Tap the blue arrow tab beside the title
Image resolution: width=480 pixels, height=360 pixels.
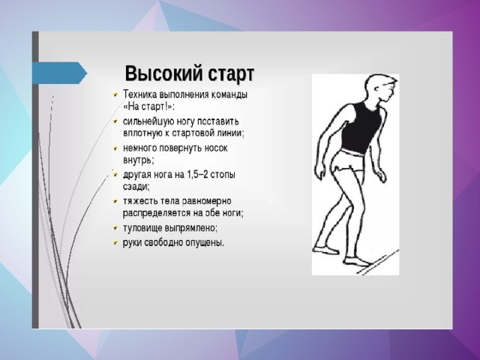[x=60, y=73]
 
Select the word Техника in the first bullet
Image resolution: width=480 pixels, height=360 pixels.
[x=140, y=94]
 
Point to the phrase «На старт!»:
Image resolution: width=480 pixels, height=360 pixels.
[x=148, y=106]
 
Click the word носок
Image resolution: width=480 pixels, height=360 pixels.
[x=216, y=148]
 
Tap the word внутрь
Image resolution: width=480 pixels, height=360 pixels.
[x=138, y=160]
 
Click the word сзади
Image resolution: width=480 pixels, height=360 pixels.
[x=136, y=187]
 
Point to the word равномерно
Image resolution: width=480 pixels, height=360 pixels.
[x=207, y=202]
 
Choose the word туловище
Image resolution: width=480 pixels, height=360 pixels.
[x=142, y=228]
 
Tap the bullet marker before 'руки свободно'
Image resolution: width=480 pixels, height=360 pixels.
[x=115, y=243]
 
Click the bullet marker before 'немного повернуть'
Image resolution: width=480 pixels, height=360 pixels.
[x=115, y=148]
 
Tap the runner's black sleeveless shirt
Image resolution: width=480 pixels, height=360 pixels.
[x=361, y=128]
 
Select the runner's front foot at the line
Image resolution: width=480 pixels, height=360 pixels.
[x=356, y=261]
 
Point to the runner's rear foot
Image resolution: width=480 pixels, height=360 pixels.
[x=326, y=250]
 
